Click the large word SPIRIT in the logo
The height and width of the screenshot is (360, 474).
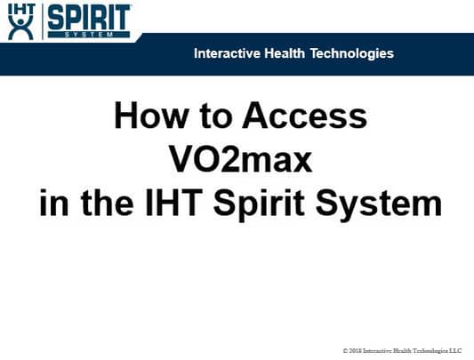[x=88, y=17]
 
